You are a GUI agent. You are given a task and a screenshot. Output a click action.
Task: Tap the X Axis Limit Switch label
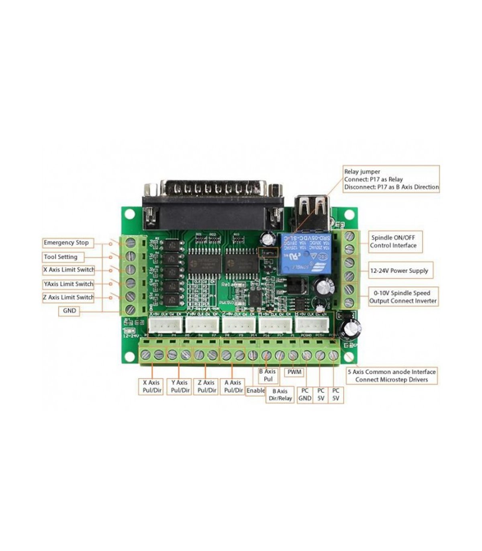pos(69,270)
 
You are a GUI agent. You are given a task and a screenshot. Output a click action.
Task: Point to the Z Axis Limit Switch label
pos(68,298)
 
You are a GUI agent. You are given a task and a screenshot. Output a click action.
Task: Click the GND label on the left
pos(69,311)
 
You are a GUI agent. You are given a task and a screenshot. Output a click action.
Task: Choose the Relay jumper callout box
pos(391,180)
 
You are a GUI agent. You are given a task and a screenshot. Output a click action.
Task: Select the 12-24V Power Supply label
pos(398,271)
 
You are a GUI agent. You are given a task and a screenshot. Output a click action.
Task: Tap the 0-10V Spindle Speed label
pos(403,297)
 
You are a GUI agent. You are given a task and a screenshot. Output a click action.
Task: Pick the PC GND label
pos(305,394)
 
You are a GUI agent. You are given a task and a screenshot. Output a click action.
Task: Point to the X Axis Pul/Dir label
pos(151,386)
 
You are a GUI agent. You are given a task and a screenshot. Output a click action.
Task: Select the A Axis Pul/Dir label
pos(233,386)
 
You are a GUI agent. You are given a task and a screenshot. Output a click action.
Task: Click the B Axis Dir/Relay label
pos(280,395)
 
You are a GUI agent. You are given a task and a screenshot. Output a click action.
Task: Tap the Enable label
pos(255,390)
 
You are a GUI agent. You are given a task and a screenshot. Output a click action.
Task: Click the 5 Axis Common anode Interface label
pos(391,376)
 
